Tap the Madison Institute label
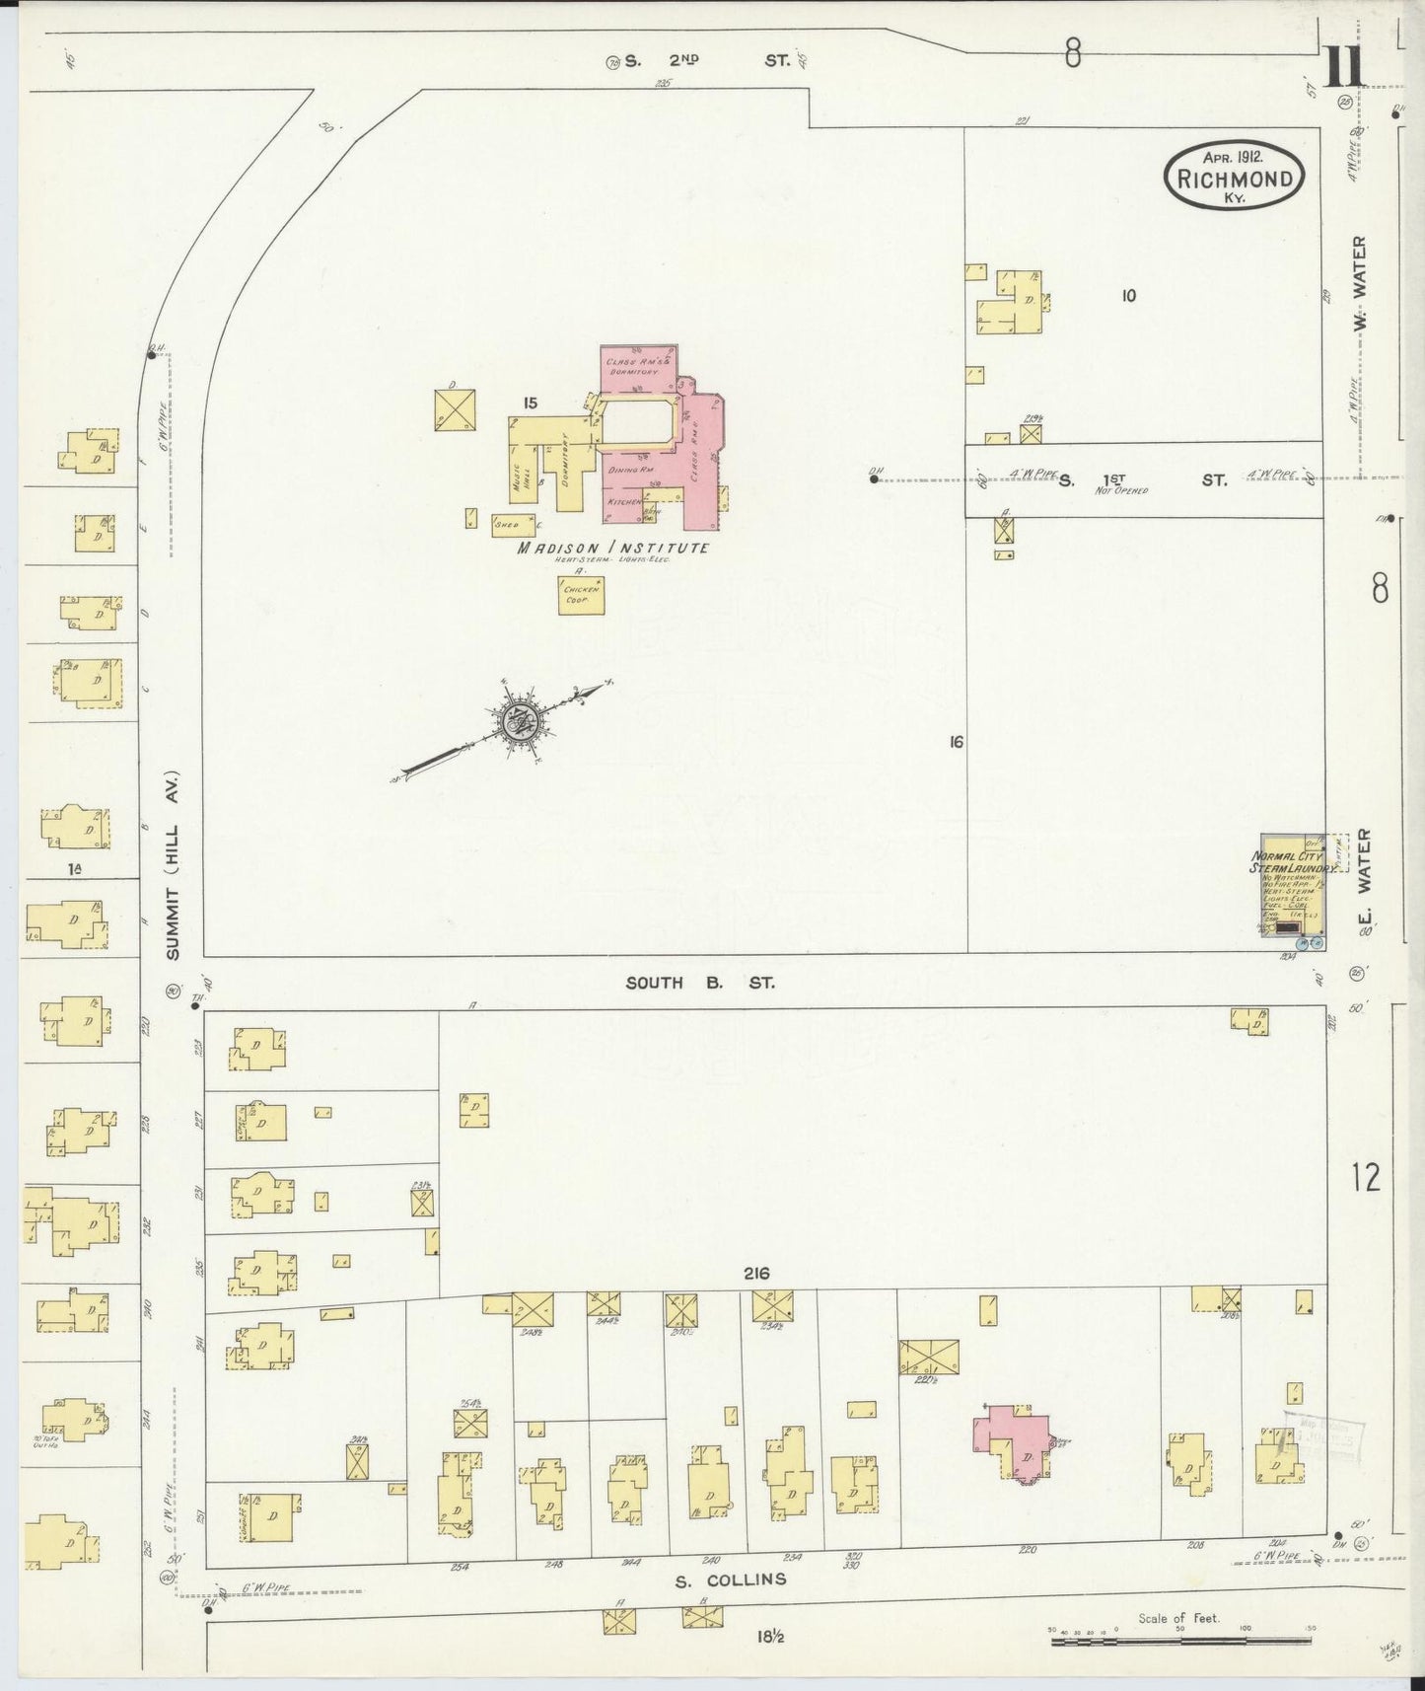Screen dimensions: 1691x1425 (613, 548)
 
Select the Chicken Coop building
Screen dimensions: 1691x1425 (581, 595)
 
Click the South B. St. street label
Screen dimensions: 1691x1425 (700, 983)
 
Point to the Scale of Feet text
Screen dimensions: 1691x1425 (1178, 1617)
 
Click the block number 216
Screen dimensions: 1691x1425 (756, 1274)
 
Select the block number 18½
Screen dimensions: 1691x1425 (770, 1637)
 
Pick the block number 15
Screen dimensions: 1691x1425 (530, 403)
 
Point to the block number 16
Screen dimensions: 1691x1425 (955, 742)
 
